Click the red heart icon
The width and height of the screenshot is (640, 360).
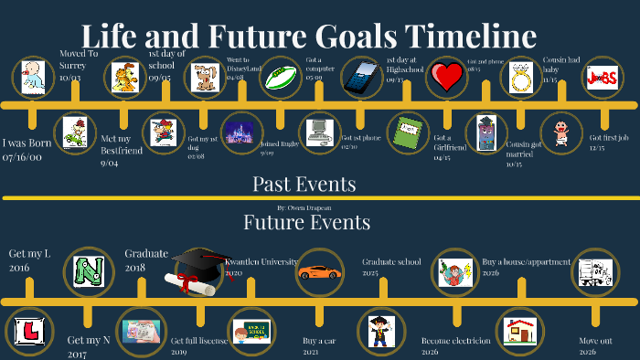[x=447, y=78]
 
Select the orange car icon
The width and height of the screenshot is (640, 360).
[x=320, y=271]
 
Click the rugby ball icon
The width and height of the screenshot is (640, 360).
[x=282, y=78]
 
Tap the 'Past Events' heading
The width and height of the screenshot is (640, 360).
[x=304, y=184]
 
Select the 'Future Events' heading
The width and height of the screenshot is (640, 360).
[x=306, y=222]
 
